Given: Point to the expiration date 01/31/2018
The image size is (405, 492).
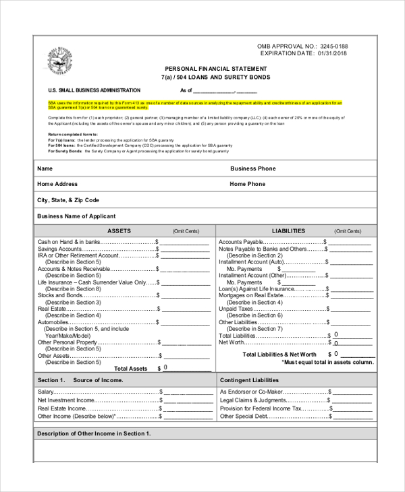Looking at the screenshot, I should [x=332, y=53].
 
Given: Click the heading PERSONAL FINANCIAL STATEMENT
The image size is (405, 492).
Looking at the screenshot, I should [x=215, y=69].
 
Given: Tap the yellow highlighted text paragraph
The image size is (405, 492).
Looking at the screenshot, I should [x=202, y=104].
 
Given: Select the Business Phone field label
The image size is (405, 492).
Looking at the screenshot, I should [x=252, y=168].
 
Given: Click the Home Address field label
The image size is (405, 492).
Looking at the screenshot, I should [x=57, y=184].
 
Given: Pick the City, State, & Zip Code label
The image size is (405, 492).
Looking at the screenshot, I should [x=68, y=200].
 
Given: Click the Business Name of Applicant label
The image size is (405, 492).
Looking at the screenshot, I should [x=76, y=216].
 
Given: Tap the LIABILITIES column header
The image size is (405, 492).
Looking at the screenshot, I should [x=288, y=231].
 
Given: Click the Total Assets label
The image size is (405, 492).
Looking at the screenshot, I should [x=130, y=369].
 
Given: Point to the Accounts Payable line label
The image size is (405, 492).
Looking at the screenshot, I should [x=240, y=241].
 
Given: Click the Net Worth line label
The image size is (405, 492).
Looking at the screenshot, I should [x=232, y=342].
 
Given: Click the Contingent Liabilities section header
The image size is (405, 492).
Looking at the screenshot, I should [x=249, y=380].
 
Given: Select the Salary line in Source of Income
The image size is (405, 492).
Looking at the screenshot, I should [x=46, y=392].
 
